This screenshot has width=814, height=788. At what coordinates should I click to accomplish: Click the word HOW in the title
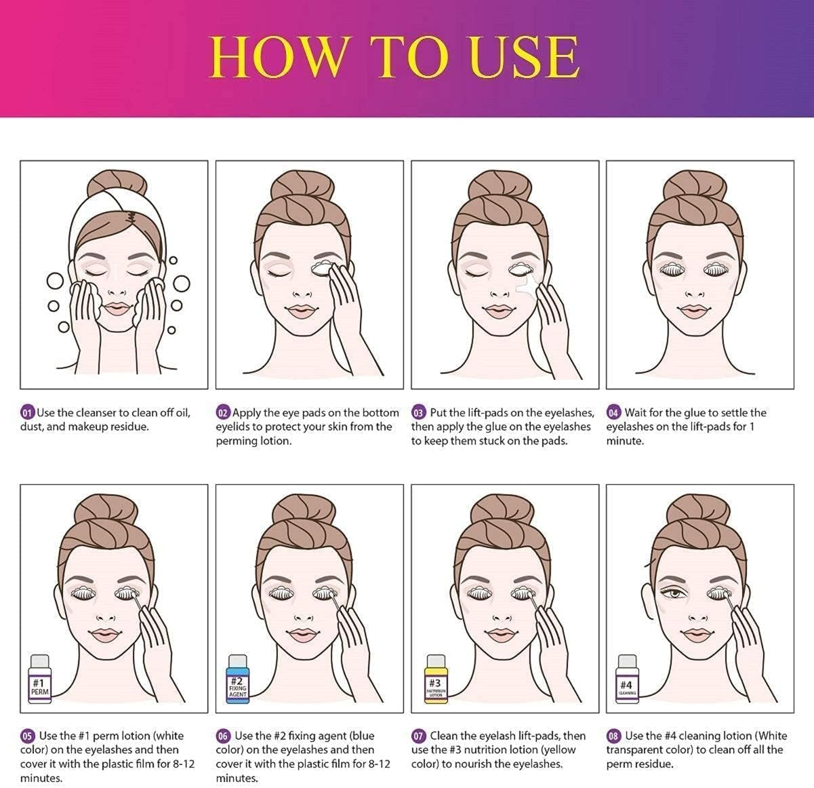point(277,58)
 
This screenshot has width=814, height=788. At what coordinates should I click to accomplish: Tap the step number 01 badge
point(27,413)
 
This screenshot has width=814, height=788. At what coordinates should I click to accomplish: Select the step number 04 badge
point(613,413)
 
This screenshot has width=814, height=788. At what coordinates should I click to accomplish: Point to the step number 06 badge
point(223,736)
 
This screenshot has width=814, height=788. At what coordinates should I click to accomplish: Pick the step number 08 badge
point(613,736)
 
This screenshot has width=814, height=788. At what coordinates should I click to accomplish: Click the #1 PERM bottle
point(40,679)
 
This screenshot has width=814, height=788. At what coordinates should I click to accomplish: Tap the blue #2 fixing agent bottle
point(238,679)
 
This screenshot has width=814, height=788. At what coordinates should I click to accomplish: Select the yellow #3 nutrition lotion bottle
point(435,679)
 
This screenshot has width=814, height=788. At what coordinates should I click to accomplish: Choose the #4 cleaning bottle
point(627,679)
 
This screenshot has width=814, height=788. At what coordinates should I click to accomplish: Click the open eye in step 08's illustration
point(675,593)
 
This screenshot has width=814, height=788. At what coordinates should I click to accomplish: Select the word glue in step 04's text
point(694,414)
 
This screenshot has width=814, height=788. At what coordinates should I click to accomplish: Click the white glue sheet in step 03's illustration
point(528,285)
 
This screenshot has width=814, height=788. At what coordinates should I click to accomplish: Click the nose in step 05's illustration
point(106,617)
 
